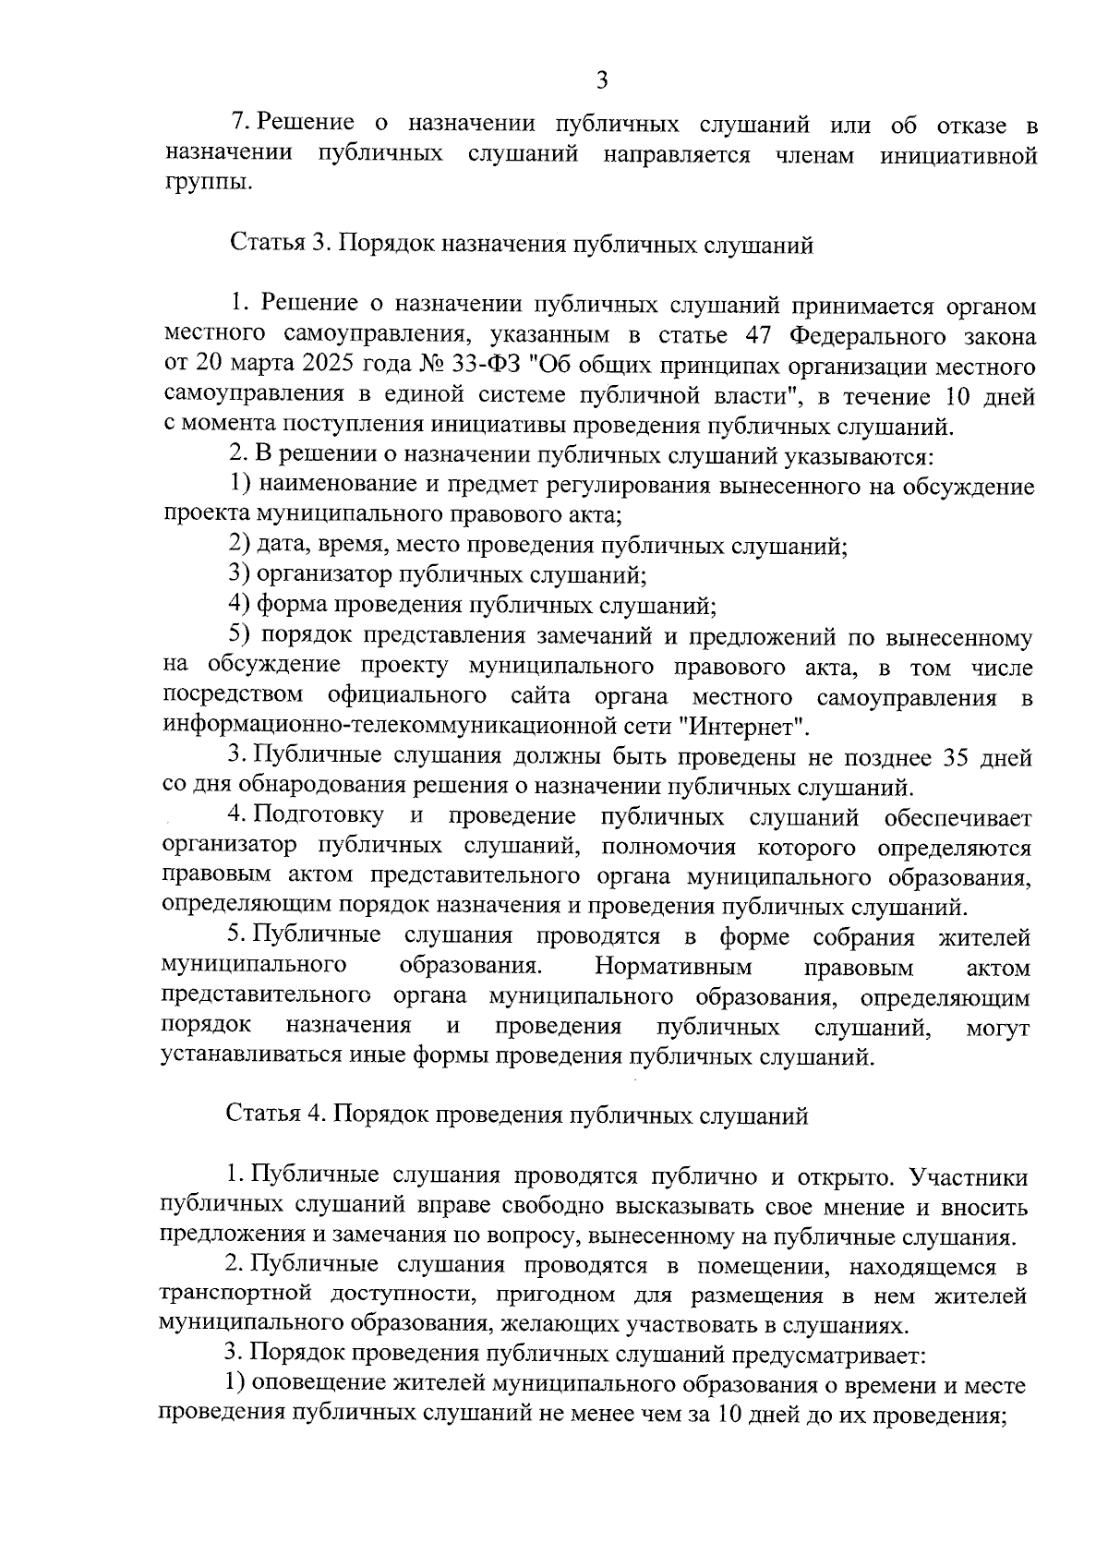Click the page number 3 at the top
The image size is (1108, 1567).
click(602, 80)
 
